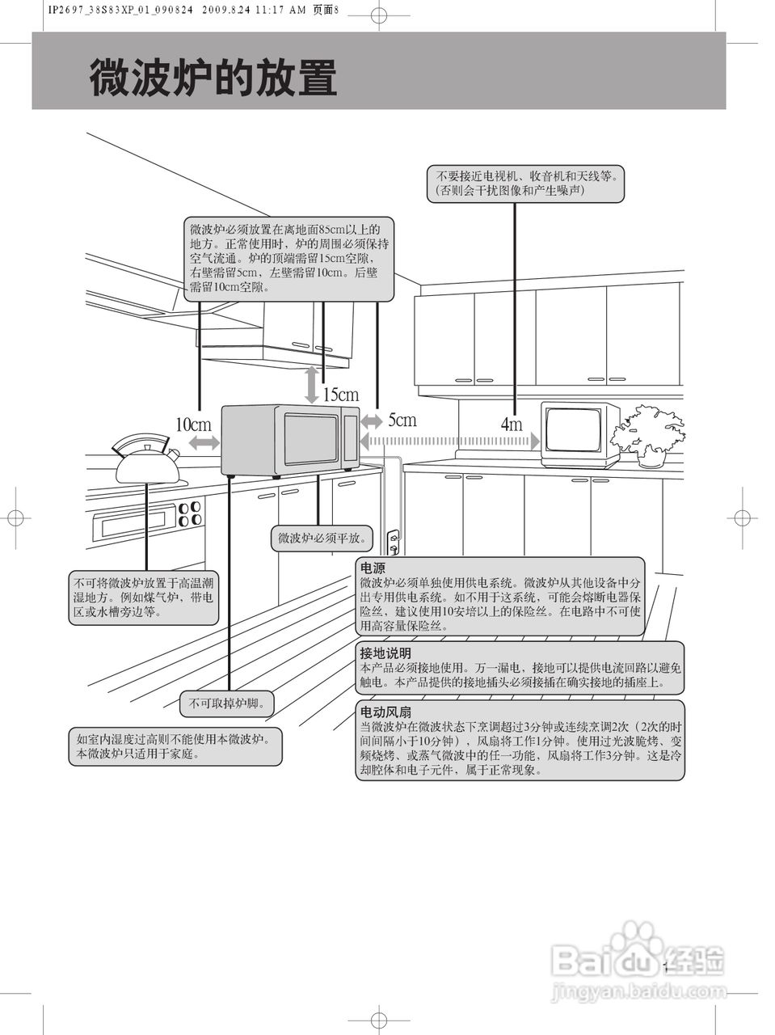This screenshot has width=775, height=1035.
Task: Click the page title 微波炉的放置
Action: click(x=213, y=78)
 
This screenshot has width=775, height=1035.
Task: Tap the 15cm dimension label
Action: click(x=340, y=395)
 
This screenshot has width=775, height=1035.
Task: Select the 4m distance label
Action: click(x=511, y=424)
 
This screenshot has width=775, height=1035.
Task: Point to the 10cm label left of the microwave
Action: click(x=193, y=425)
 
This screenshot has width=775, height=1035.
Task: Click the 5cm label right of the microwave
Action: click(x=402, y=420)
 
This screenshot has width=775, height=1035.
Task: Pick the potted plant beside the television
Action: click(x=648, y=434)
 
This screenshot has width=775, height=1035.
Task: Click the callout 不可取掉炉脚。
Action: click(x=226, y=703)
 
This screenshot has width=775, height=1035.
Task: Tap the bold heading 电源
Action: click(x=373, y=568)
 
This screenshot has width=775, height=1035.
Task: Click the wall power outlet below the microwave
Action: click(x=394, y=543)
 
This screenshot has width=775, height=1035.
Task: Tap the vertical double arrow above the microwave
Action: click(x=312, y=385)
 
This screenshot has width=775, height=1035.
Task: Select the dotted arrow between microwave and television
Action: click(x=449, y=441)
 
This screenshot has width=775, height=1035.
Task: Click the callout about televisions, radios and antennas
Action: click(x=526, y=184)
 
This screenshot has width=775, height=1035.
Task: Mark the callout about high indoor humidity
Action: click(x=177, y=746)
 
